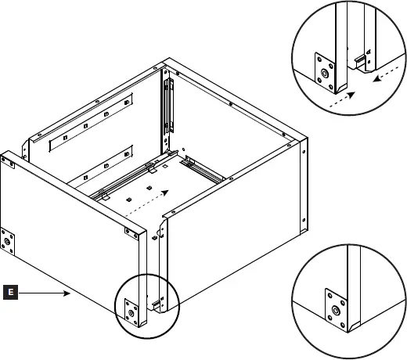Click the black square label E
point(9,293)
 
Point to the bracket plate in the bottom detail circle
point(334,304)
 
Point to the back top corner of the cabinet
point(165,62)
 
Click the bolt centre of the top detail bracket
point(324,77)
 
